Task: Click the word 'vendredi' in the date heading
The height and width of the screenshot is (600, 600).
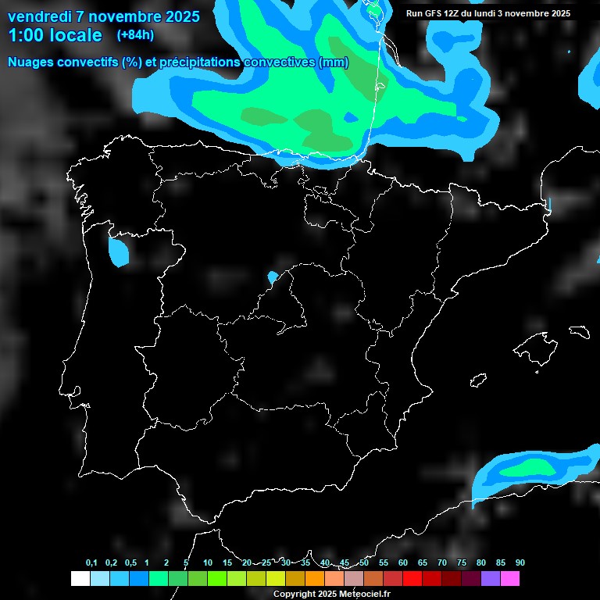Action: tap(39, 16)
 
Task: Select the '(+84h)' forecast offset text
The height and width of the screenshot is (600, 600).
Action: tap(135, 34)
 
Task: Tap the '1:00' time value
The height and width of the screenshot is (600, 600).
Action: tap(24, 35)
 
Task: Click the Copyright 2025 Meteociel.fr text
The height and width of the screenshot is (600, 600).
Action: tap(331, 594)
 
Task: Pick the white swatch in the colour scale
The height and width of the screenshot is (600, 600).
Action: tap(80, 578)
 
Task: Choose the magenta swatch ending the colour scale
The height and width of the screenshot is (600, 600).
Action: tap(510, 578)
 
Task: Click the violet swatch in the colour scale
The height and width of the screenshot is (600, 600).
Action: tap(491, 578)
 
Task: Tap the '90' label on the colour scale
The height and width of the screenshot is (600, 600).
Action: tap(520, 562)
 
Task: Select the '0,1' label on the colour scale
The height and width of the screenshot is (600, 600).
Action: tap(91, 562)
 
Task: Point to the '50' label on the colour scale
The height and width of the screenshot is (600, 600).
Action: tap(364, 562)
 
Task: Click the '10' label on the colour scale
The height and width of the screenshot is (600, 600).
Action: tap(208, 562)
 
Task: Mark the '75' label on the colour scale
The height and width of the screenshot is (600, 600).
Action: tap(461, 562)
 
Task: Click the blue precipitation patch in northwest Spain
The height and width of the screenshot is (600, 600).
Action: tap(118, 252)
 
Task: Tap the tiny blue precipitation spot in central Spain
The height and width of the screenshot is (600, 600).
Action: tap(272, 277)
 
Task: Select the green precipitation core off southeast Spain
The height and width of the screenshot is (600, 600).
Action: tap(531, 468)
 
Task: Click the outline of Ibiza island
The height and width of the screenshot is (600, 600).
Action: tap(478, 380)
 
